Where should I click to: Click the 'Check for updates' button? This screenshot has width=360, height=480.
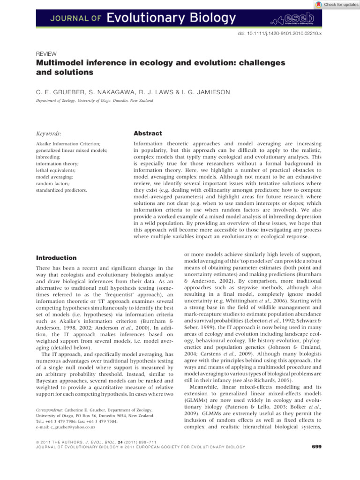point(336,5)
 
